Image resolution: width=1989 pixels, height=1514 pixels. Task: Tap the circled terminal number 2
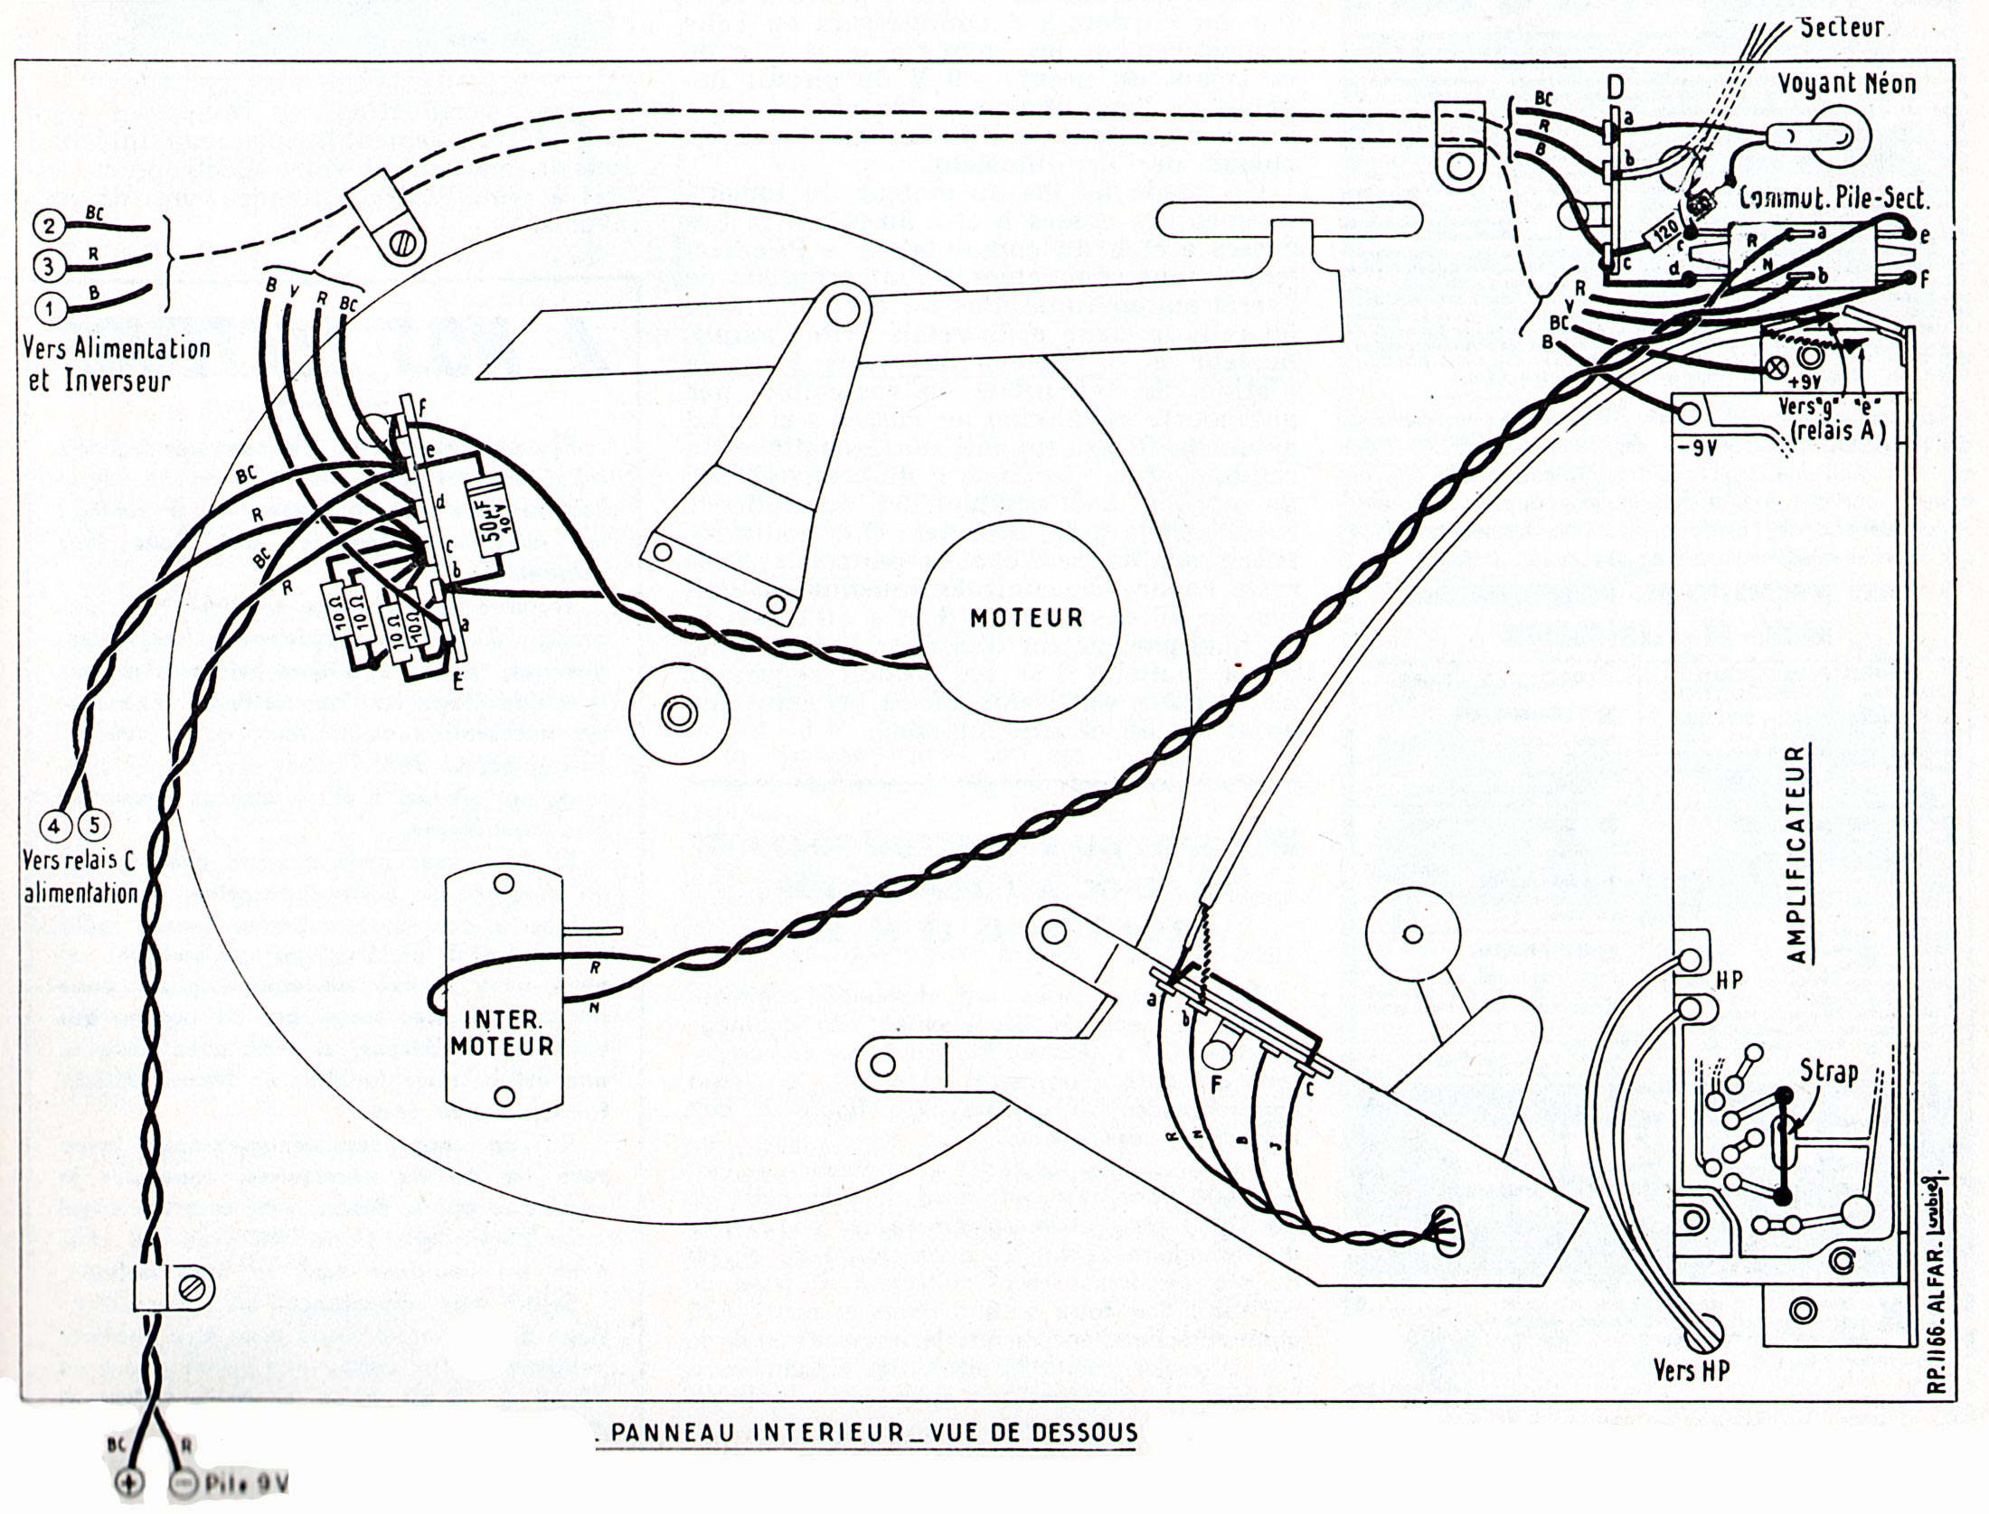click(51, 225)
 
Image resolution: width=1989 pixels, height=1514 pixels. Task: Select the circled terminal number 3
click(51, 266)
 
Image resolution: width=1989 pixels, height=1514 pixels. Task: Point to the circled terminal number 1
click(51, 308)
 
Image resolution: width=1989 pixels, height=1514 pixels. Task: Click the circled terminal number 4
click(57, 825)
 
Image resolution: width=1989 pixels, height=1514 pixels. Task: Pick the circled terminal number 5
click(94, 825)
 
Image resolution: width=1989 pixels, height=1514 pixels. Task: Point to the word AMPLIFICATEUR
click(1797, 854)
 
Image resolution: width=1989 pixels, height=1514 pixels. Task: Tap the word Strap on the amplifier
click(1828, 1074)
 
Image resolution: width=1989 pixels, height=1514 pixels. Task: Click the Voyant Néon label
click(1847, 84)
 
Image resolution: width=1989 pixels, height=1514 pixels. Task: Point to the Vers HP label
click(1691, 1370)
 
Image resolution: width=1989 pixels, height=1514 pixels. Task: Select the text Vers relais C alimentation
click(80, 878)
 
